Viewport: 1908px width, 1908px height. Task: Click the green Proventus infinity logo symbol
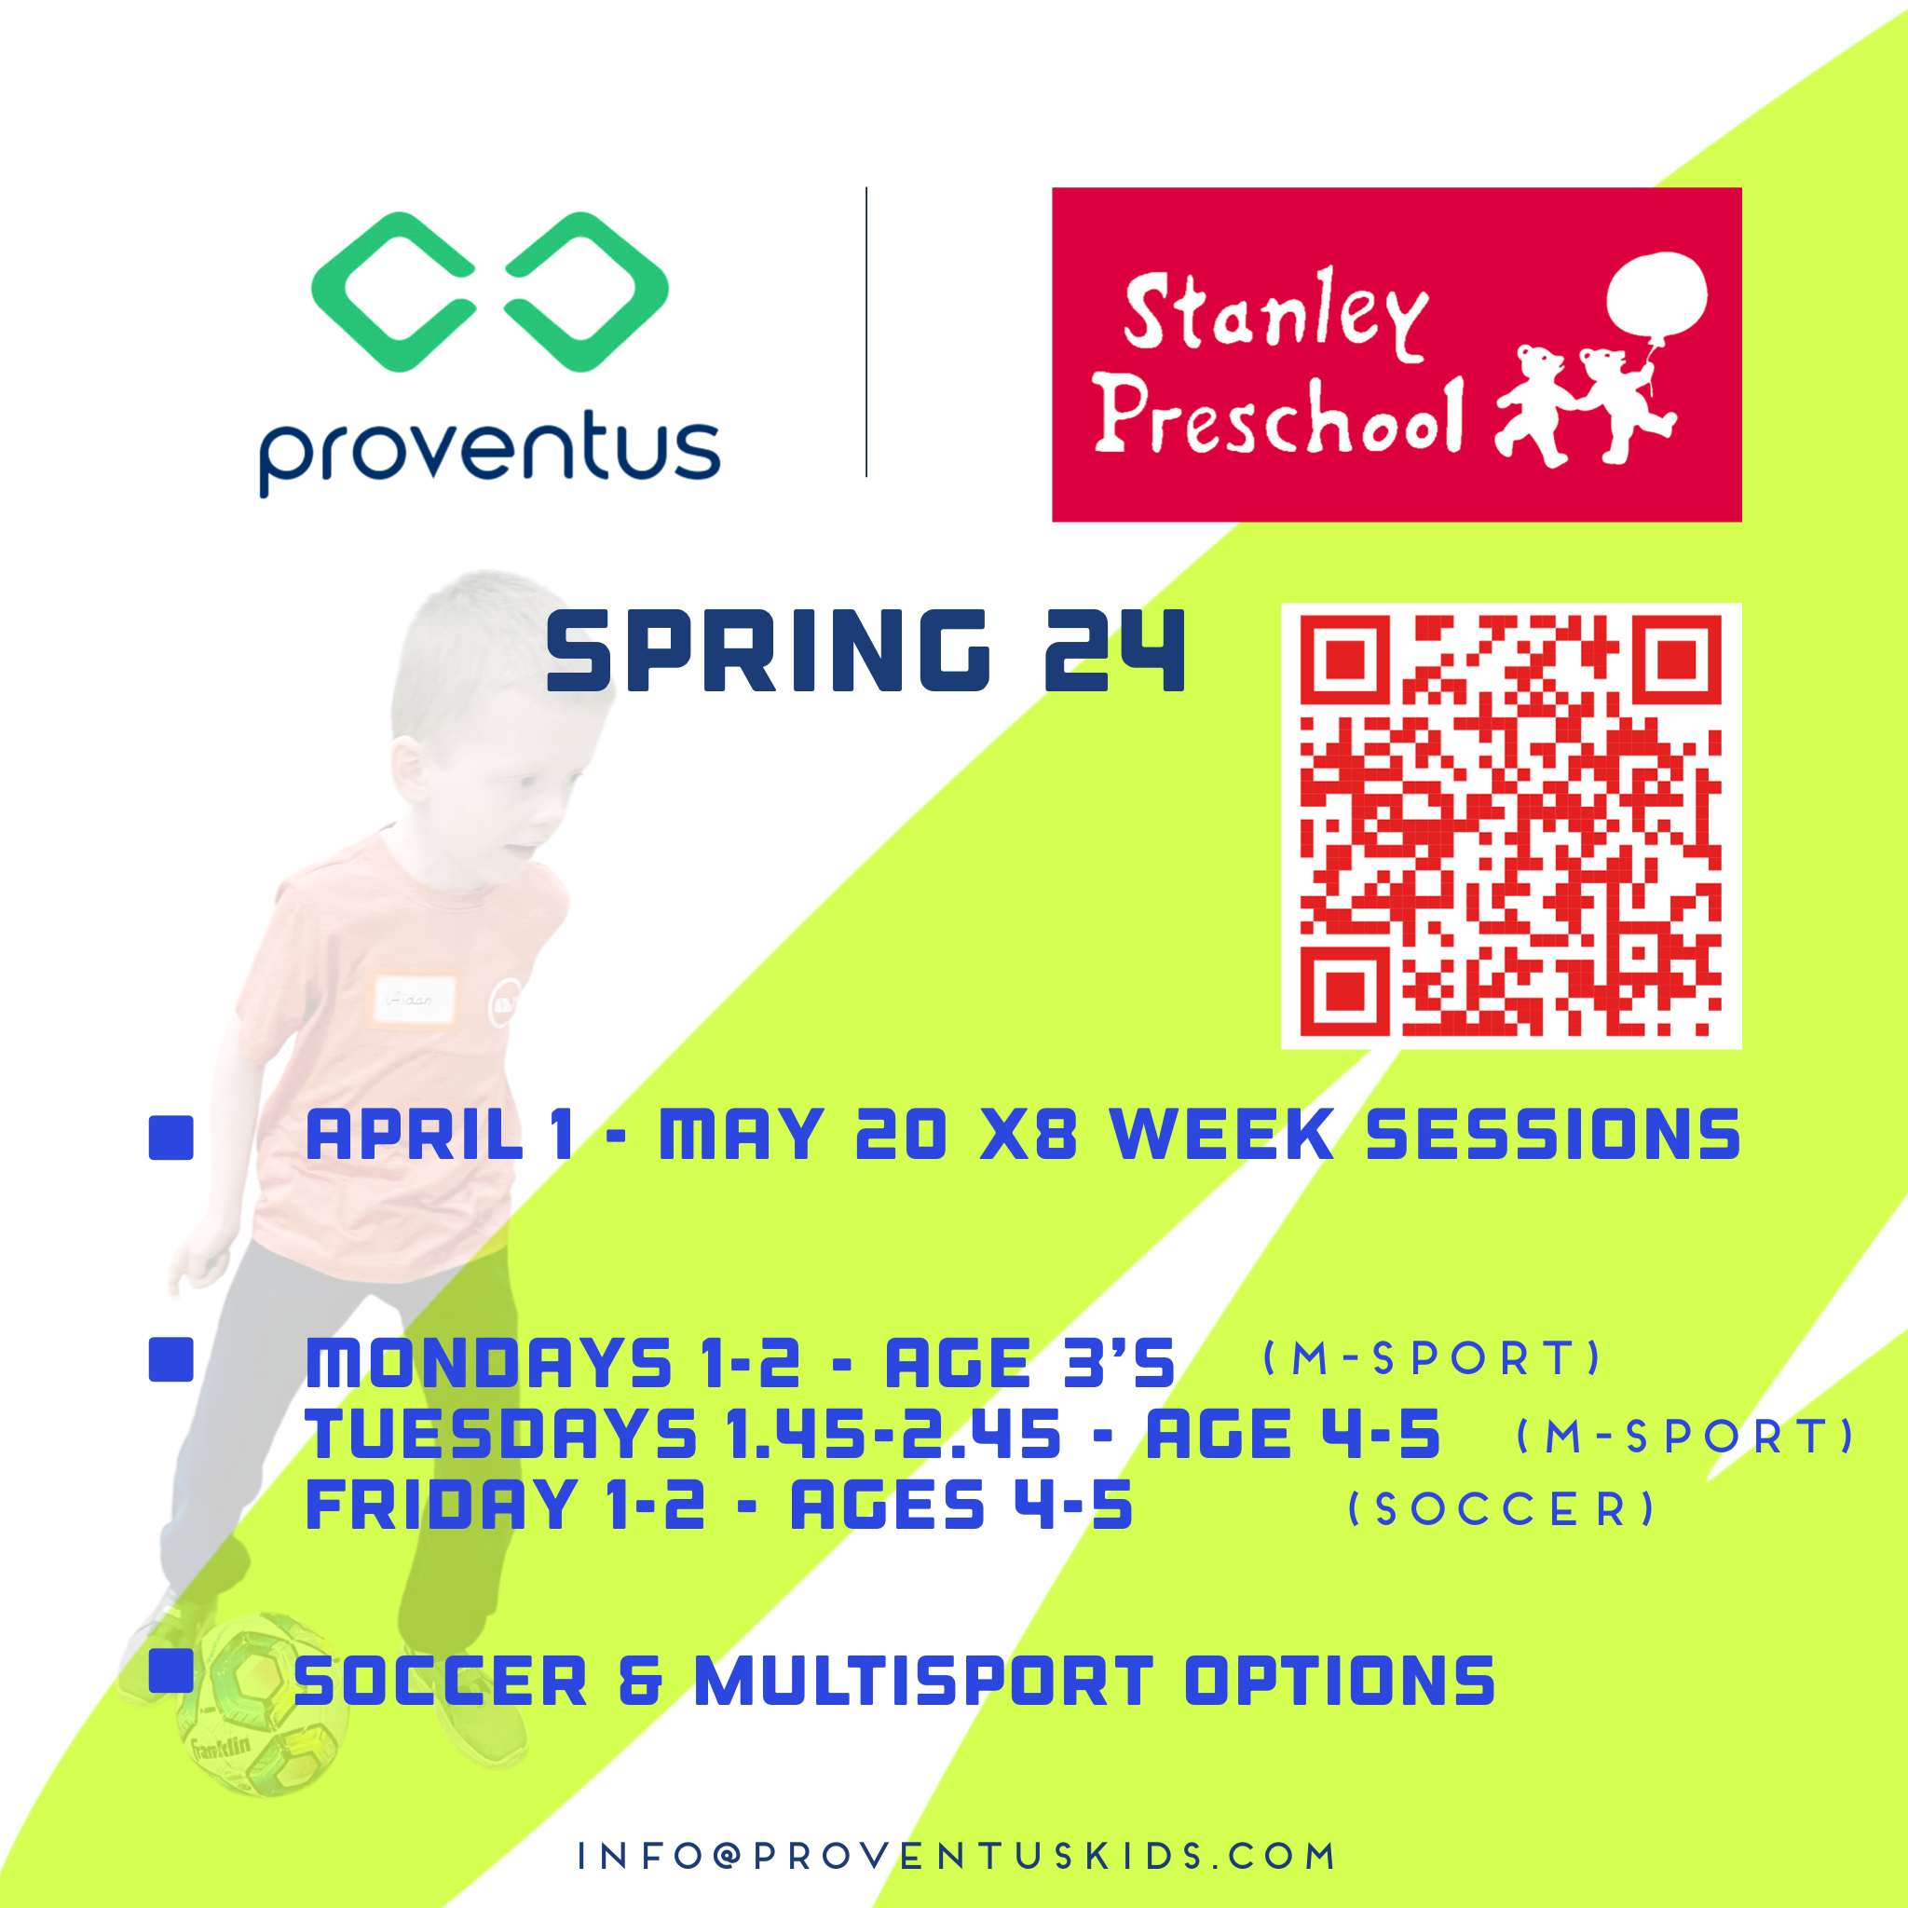489,292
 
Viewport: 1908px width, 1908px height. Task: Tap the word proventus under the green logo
489,452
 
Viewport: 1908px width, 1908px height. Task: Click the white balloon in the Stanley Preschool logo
1656,294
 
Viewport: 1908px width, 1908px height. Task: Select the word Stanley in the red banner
1276,314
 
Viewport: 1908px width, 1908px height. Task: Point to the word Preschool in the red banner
1278,417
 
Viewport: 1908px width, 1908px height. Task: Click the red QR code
1510,825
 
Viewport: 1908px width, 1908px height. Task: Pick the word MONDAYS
489,1363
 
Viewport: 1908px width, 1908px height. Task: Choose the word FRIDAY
442,1506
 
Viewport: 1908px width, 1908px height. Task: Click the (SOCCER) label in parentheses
1501,1509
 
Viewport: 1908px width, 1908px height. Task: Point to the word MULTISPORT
923,1681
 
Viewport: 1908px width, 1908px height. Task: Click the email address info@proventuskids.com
956,1856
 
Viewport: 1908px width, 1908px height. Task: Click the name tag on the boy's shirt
414,1000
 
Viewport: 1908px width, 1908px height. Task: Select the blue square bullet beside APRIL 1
170,1138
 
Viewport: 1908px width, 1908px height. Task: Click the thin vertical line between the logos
866,332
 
